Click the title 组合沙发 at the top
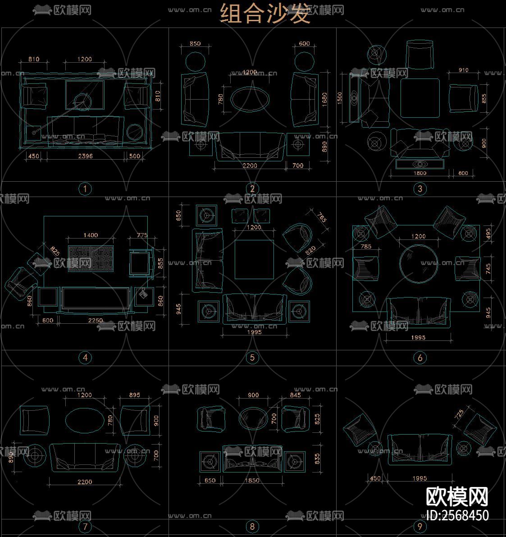coord(265,14)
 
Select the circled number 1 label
coord(85,188)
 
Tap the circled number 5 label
coord(252,358)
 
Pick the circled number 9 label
coord(419,526)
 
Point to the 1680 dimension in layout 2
coord(325,99)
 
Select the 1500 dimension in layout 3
coord(340,98)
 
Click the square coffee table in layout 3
coord(420,98)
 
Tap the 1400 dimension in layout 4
coord(91,235)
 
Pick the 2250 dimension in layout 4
coord(95,321)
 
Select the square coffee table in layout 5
coord(255,260)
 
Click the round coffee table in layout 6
coord(419,263)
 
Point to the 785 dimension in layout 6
coord(366,247)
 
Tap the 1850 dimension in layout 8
coord(252,481)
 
